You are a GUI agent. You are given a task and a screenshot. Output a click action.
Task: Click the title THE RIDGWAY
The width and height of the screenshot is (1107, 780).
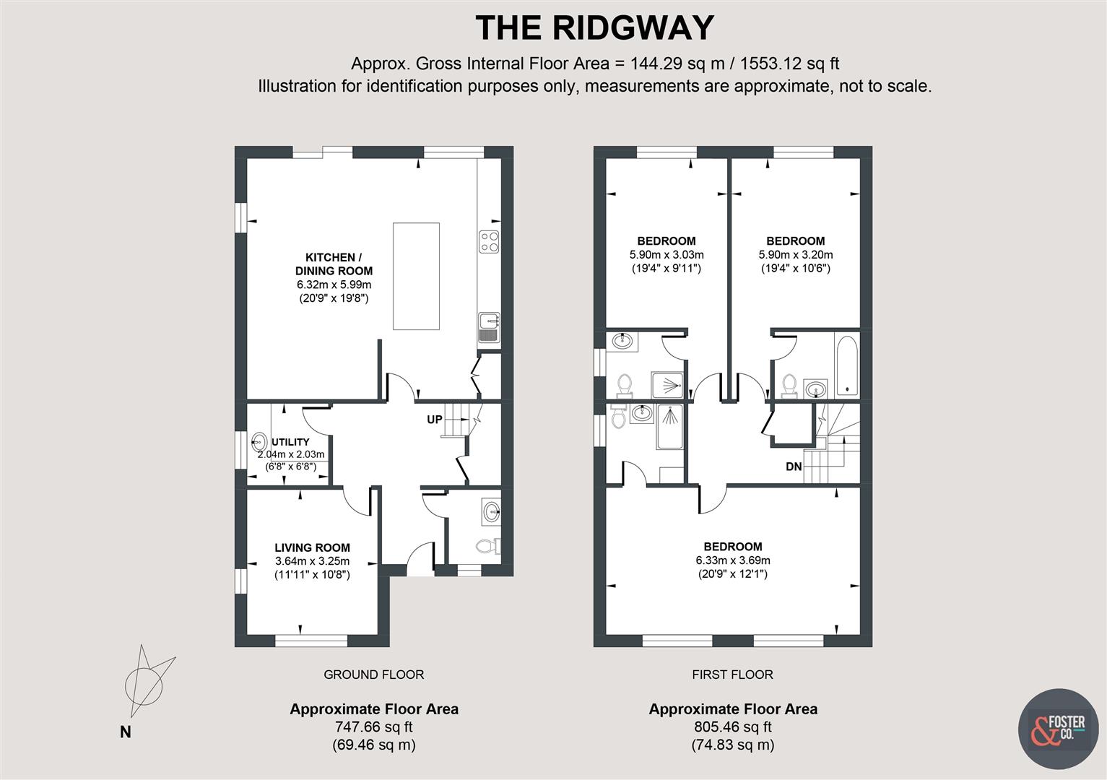(x=594, y=28)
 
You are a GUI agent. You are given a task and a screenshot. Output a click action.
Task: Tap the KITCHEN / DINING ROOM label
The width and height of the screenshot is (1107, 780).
(x=334, y=264)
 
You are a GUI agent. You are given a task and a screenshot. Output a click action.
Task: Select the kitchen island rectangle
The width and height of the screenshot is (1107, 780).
(x=416, y=277)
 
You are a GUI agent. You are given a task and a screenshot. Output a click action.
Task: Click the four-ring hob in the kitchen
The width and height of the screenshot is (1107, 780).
(x=489, y=241)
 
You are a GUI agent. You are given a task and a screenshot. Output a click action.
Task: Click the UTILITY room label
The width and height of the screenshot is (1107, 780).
(x=290, y=442)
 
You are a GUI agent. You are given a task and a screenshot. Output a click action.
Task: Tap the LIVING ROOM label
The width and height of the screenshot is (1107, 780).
(x=312, y=548)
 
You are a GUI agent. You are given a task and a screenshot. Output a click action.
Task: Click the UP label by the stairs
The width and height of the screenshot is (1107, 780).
(x=434, y=420)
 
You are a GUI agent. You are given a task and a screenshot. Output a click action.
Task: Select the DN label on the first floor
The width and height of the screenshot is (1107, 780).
(x=794, y=467)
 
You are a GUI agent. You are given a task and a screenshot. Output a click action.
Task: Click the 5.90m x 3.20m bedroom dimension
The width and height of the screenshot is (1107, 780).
(x=795, y=255)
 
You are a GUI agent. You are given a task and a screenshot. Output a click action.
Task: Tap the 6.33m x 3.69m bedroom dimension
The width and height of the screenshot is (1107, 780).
(x=732, y=560)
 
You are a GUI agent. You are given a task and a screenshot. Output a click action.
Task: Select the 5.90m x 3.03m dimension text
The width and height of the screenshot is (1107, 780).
(x=666, y=255)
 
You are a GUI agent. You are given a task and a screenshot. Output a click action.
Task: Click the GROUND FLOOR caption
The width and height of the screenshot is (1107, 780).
(x=373, y=675)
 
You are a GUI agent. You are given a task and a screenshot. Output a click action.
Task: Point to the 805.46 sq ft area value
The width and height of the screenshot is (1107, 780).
(x=732, y=727)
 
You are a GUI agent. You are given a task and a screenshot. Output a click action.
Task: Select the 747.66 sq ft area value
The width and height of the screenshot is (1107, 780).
(x=373, y=727)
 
